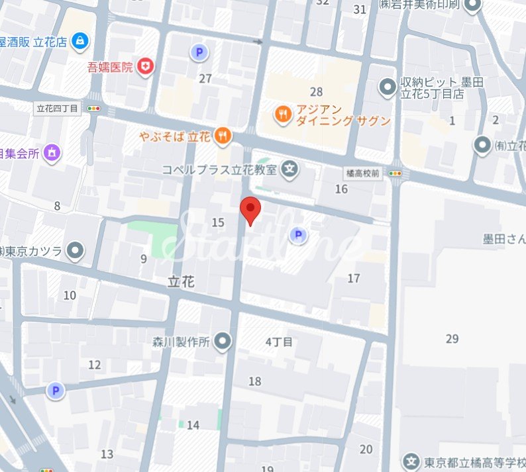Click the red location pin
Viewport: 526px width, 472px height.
(250, 209)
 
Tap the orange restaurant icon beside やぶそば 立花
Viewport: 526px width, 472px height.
(223, 137)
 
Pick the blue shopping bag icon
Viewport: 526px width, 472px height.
(81, 41)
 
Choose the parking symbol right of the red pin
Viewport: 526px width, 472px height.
(299, 235)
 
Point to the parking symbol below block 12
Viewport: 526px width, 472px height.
(56, 391)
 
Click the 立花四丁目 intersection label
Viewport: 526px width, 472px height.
(57, 108)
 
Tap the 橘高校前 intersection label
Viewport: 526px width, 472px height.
(362, 172)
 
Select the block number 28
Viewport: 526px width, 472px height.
(316, 91)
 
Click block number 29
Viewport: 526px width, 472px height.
(452, 339)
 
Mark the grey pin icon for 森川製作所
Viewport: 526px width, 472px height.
(224, 342)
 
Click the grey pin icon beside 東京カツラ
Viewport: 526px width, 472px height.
(77, 251)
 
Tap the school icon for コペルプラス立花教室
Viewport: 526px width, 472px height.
(289, 169)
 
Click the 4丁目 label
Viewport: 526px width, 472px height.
(279, 342)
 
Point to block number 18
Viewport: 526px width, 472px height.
(255, 381)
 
